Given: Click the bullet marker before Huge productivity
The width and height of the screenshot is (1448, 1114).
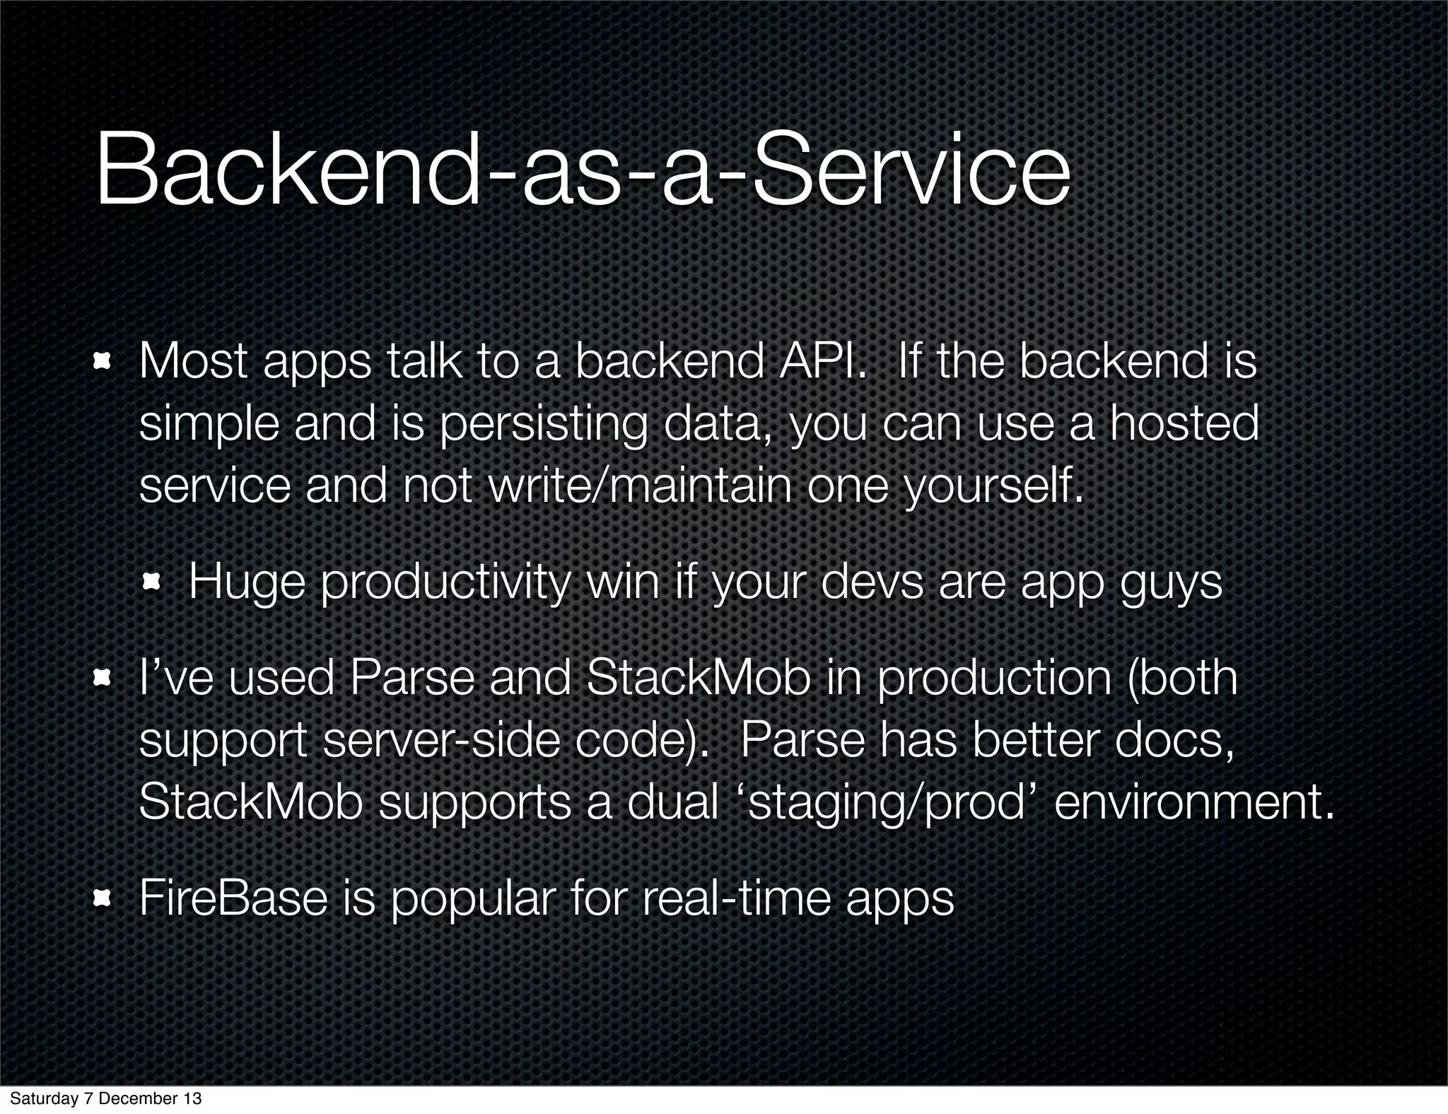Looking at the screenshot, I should (x=151, y=583).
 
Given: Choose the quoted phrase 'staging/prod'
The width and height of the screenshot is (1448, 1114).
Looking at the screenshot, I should (x=886, y=804).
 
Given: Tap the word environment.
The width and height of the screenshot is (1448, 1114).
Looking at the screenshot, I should (x=1193, y=802).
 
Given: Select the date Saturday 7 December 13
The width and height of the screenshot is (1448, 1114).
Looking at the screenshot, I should (x=105, y=1098).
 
